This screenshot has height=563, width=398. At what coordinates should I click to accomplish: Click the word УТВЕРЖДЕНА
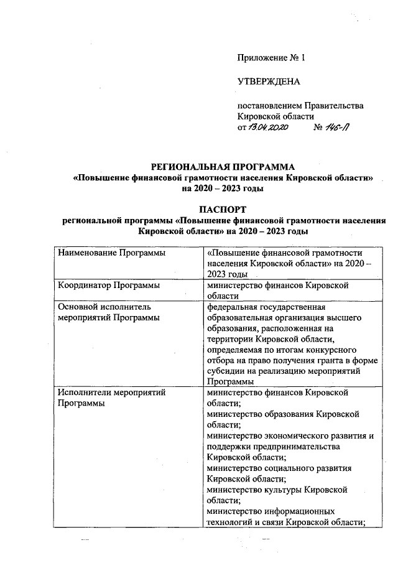(x=269, y=81)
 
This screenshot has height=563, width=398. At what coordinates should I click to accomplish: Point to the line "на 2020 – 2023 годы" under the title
(x=223, y=188)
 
